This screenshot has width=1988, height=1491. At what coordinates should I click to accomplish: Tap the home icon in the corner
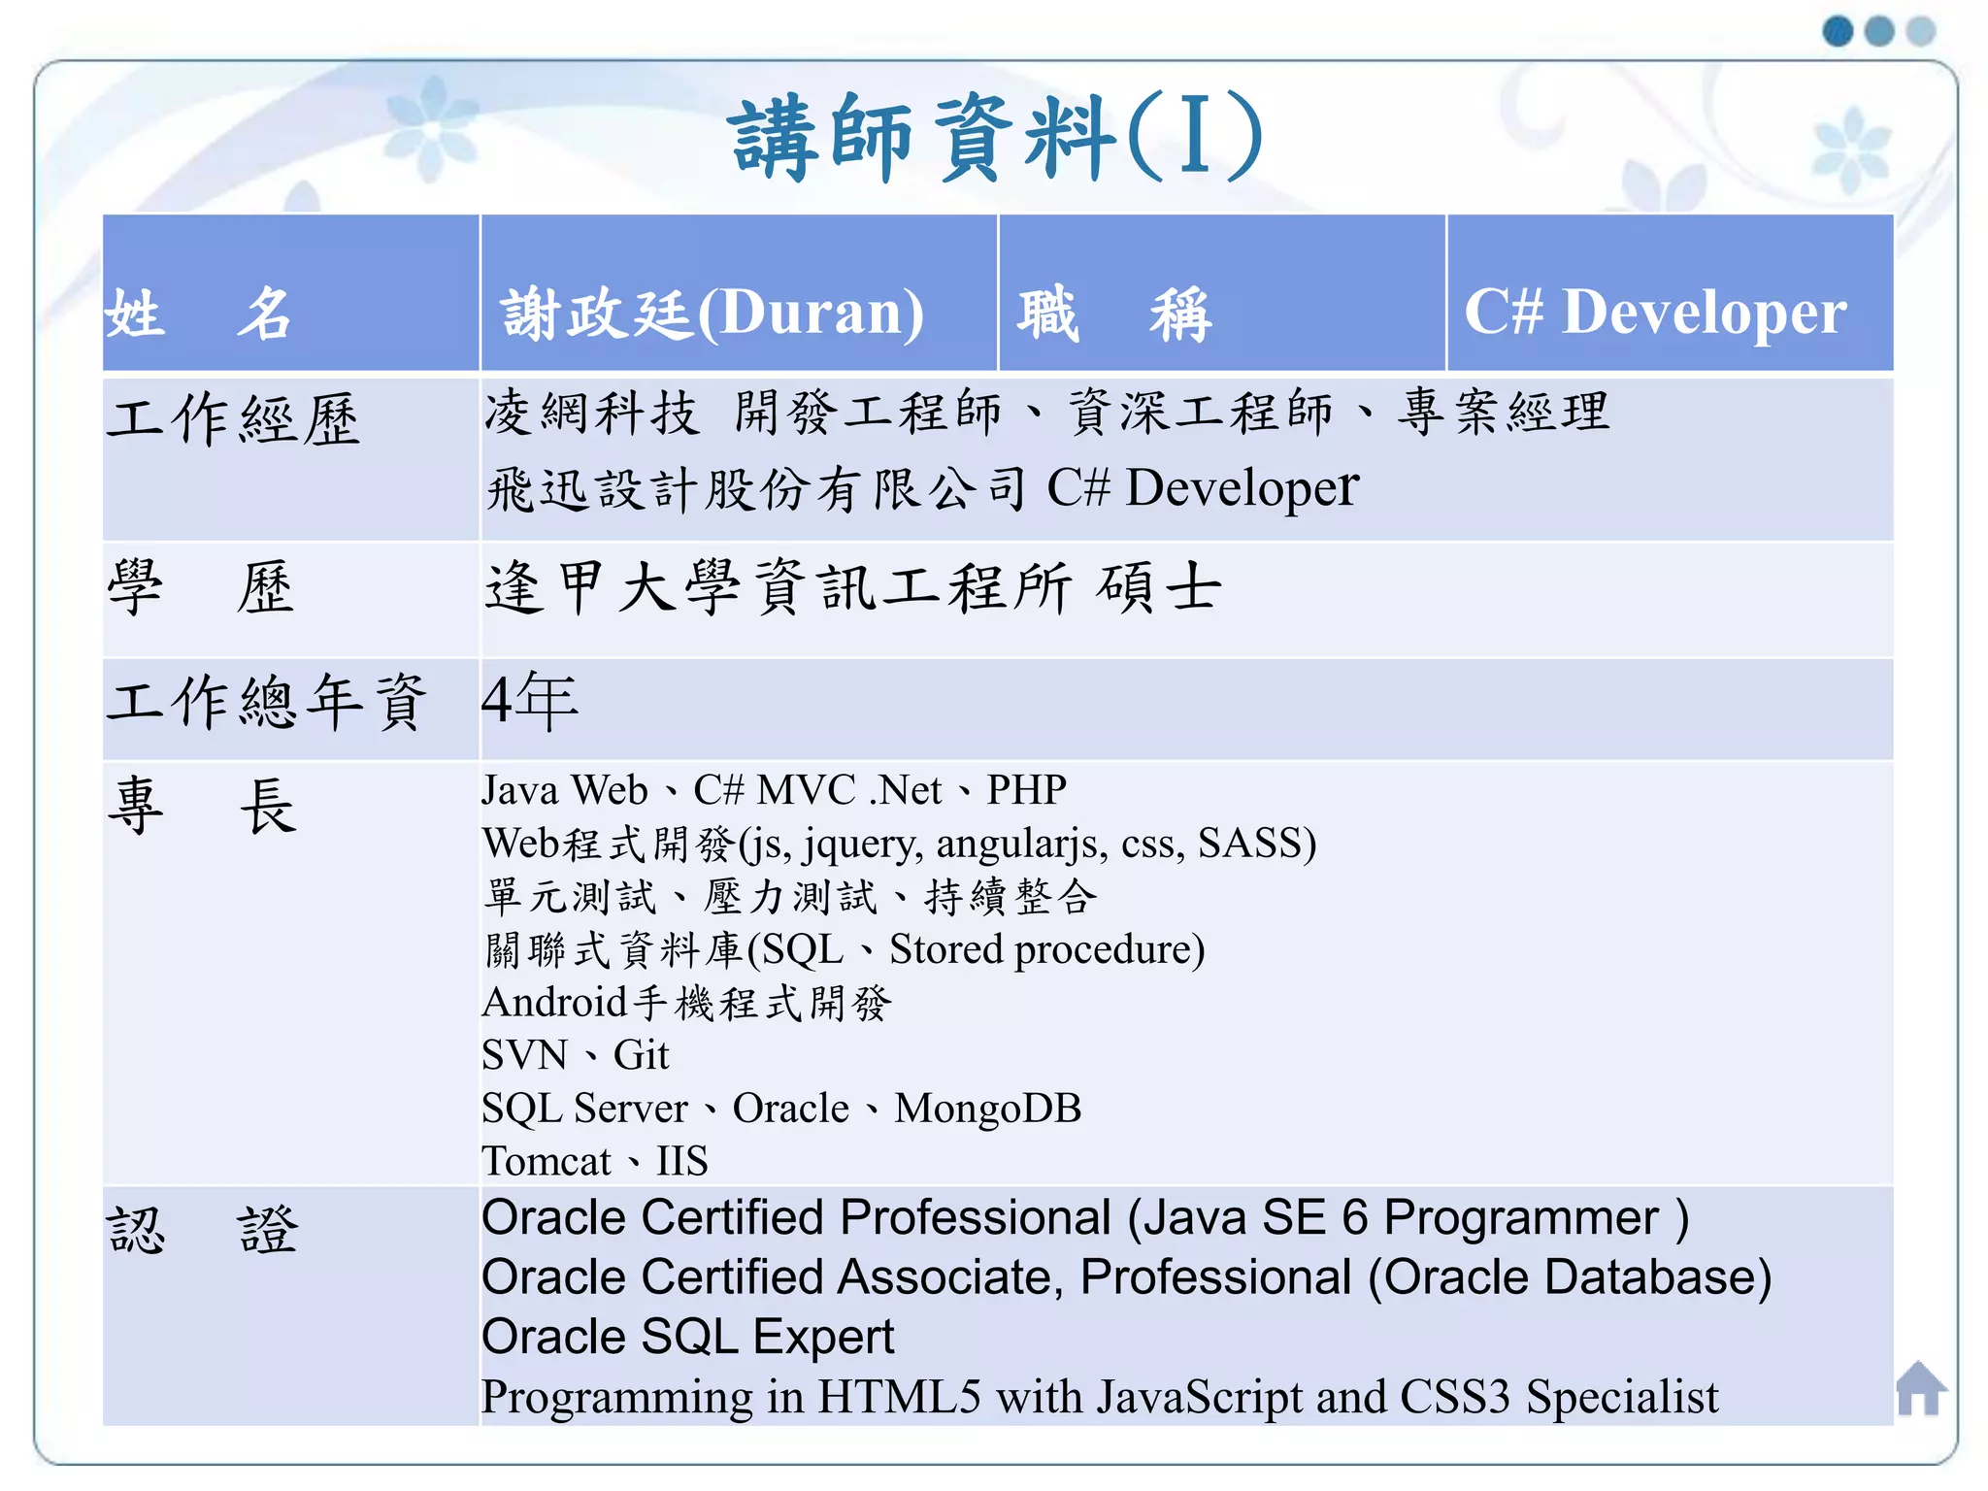[1920, 1389]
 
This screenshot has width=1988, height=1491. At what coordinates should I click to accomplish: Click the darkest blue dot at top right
[1838, 31]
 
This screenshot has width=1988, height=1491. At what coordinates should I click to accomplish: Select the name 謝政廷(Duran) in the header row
[712, 313]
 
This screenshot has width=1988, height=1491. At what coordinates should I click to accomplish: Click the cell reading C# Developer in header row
[1654, 313]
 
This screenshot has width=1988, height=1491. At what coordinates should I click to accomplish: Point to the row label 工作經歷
[233, 420]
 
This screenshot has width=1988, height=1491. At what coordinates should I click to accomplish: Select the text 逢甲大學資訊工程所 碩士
[852, 588]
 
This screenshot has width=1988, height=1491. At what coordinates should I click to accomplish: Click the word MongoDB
[987, 1109]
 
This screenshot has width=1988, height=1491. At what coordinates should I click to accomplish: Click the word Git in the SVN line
[641, 1055]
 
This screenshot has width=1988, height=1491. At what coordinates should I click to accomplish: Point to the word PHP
[1026, 790]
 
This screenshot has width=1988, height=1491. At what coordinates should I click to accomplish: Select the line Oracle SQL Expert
[687, 1337]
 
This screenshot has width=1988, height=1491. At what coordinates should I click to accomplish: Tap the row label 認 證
[202, 1231]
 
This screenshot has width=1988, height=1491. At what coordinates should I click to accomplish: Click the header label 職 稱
[1113, 315]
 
